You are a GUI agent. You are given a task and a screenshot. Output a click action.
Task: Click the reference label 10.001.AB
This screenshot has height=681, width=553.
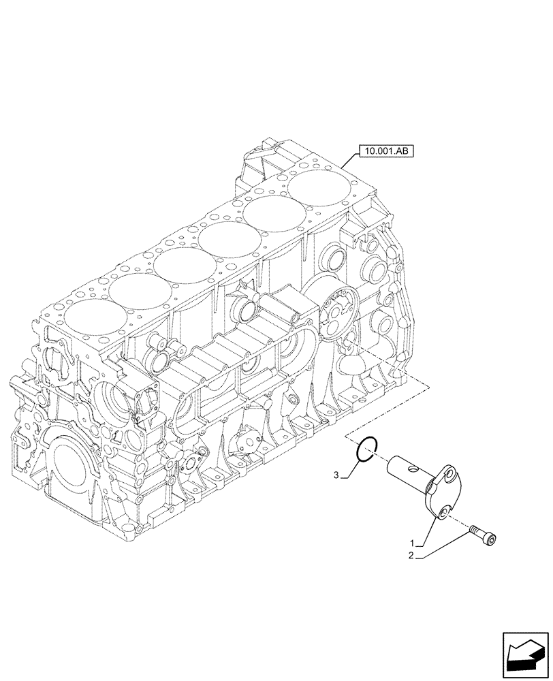384,152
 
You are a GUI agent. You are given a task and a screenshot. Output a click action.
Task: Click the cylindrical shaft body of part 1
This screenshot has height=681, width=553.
405,473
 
